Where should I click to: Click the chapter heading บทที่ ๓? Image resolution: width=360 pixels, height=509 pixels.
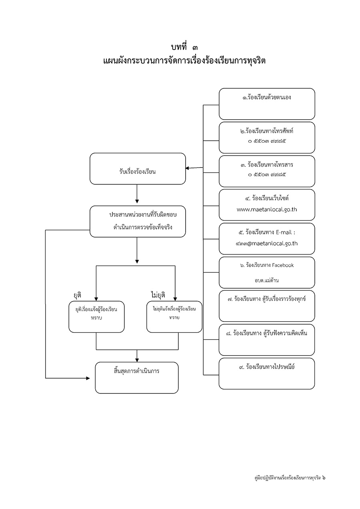184,47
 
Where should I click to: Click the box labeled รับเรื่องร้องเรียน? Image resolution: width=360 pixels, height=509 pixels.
138,169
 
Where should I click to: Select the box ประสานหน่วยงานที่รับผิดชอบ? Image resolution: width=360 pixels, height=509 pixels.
138,222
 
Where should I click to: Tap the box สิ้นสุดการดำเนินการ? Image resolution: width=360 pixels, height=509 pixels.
136,378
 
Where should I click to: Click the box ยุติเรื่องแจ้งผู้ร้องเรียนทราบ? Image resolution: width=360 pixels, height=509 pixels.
96,317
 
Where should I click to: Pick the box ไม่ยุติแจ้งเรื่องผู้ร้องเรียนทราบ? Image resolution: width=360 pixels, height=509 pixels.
174,317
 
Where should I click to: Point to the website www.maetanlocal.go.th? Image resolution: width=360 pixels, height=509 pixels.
266,209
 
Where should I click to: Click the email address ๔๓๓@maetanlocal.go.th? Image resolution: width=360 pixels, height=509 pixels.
266,244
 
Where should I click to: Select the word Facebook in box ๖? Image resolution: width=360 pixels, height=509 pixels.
283,265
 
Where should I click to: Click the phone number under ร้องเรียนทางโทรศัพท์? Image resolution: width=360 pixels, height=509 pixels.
267,141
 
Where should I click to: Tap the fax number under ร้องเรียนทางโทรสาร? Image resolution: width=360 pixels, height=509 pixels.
267,175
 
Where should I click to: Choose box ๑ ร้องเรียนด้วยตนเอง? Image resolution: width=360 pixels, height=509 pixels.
267,104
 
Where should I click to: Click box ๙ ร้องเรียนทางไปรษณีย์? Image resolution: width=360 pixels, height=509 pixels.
267,373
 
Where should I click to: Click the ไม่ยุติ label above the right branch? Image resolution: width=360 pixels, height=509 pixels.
158,295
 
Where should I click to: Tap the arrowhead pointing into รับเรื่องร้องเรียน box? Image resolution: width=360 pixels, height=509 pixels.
187,168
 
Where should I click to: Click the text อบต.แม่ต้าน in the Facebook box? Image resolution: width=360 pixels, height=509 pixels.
266,280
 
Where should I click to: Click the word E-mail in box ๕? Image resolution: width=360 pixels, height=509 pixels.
284,232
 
